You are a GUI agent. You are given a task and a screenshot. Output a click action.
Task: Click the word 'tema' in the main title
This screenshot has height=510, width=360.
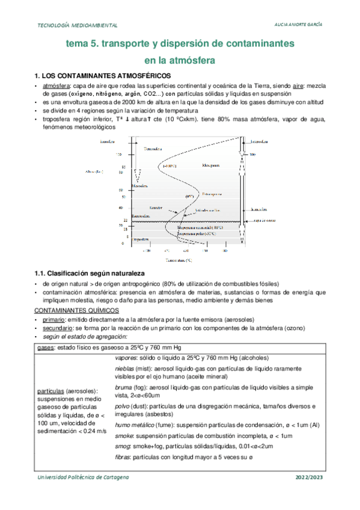pyautogui.click(x=78, y=44)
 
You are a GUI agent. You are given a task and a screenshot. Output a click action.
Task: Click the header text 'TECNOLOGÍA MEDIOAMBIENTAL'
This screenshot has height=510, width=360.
pyautogui.click(x=78, y=26)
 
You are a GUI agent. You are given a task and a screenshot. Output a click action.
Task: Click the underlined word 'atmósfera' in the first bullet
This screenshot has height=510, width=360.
pyautogui.click(x=56, y=87)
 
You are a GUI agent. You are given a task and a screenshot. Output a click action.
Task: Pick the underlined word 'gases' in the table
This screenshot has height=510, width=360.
pyautogui.click(x=45, y=348)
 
